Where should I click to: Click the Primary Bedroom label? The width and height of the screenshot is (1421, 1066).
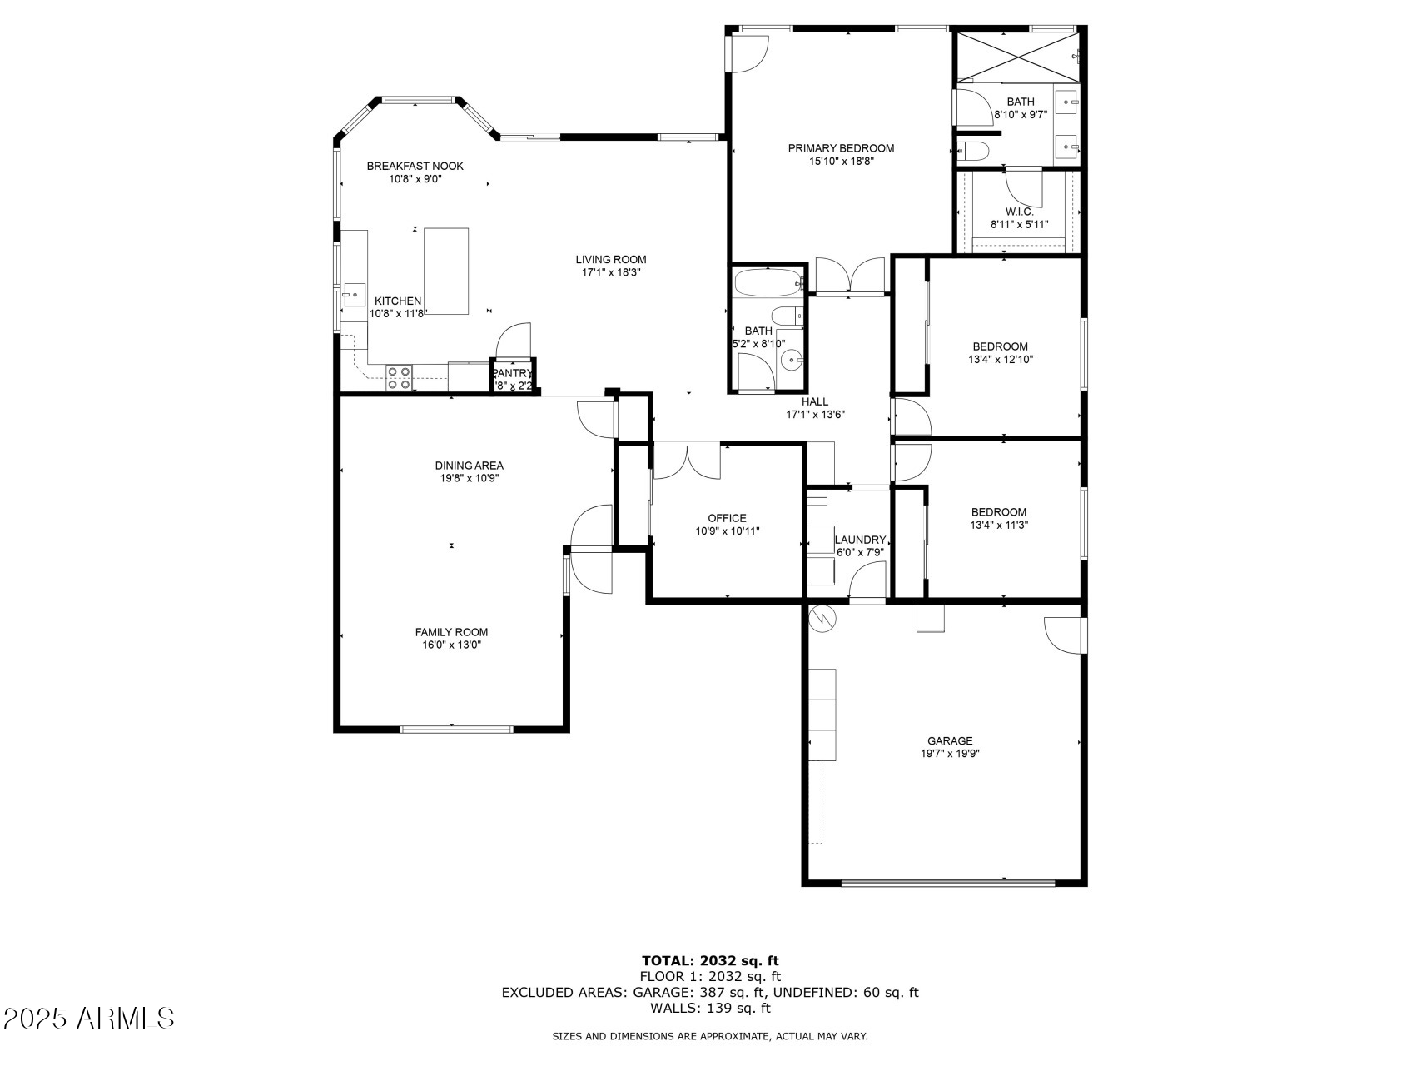pyautogui.click(x=841, y=148)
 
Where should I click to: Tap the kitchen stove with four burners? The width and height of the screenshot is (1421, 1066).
pyautogui.click(x=398, y=378)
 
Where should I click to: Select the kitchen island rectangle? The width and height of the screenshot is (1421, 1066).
pyautogui.click(x=446, y=271)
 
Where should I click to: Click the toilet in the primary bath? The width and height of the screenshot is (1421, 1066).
pyautogui.click(x=973, y=152)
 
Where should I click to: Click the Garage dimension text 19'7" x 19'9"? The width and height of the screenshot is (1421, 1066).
pyautogui.click(x=950, y=754)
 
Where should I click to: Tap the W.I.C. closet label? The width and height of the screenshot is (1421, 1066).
pyautogui.click(x=1019, y=212)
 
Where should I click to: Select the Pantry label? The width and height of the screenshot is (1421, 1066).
pyautogui.click(x=512, y=373)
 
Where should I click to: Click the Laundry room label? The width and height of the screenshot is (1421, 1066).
pyautogui.click(x=860, y=540)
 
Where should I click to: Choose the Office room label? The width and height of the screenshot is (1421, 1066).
pyautogui.click(x=727, y=518)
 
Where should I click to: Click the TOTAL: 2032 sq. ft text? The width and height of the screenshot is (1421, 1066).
pyautogui.click(x=710, y=960)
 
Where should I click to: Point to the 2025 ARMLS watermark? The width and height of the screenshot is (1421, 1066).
pyautogui.click(x=88, y=1018)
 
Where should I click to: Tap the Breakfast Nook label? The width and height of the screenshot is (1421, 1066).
pyautogui.click(x=415, y=166)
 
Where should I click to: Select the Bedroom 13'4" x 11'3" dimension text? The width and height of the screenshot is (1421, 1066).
pyautogui.click(x=998, y=526)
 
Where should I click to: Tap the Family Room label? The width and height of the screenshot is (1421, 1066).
pyautogui.click(x=451, y=632)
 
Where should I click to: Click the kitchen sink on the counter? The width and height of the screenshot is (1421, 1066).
pyautogui.click(x=354, y=293)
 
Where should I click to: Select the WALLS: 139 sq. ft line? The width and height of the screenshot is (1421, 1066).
pyautogui.click(x=710, y=1008)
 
